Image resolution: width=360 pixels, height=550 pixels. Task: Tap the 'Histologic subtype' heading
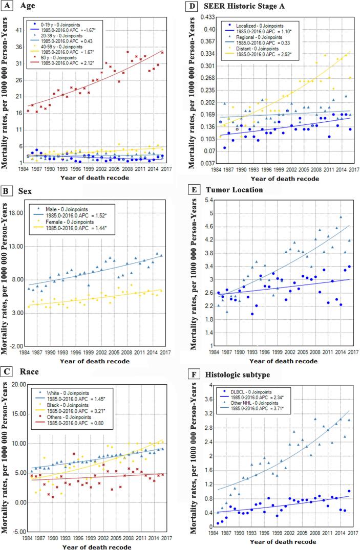[x=236, y=375]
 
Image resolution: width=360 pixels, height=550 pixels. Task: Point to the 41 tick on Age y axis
[x=18, y=30]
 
